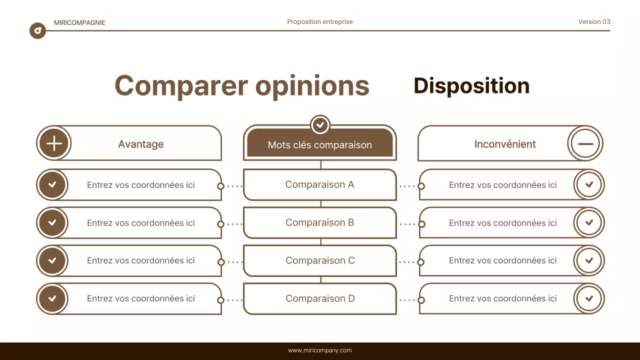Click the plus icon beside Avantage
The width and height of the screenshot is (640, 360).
coord(53,143)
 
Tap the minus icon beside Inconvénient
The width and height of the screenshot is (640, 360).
coord(585,143)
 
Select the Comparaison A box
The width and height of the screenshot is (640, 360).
coord(319,184)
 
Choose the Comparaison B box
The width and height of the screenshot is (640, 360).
coord(319,222)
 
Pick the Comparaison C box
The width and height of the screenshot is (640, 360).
coord(319,260)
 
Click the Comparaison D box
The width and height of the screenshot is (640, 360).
coord(319,298)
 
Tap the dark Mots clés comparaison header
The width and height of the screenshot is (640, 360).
coord(319,144)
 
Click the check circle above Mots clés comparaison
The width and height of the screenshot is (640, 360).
coord(320,124)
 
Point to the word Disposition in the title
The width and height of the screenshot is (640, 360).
coord(471,86)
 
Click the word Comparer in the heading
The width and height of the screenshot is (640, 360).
coord(181,86)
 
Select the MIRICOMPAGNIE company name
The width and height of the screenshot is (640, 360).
coord(79,22)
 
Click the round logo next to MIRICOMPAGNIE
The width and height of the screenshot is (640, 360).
coord(37,31)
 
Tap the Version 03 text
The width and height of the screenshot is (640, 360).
coord(594,21)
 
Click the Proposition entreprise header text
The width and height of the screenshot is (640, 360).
coord(319,21)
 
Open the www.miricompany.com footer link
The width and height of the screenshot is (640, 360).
coord(319,350)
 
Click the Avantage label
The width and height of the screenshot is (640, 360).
coord(140,144)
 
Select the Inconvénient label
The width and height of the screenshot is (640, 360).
coord(504,144)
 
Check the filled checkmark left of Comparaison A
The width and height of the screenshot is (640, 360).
coord(52,184)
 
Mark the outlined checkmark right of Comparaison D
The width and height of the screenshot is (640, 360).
coord(589,298)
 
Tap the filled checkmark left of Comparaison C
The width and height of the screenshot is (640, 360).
coord(52,260)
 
